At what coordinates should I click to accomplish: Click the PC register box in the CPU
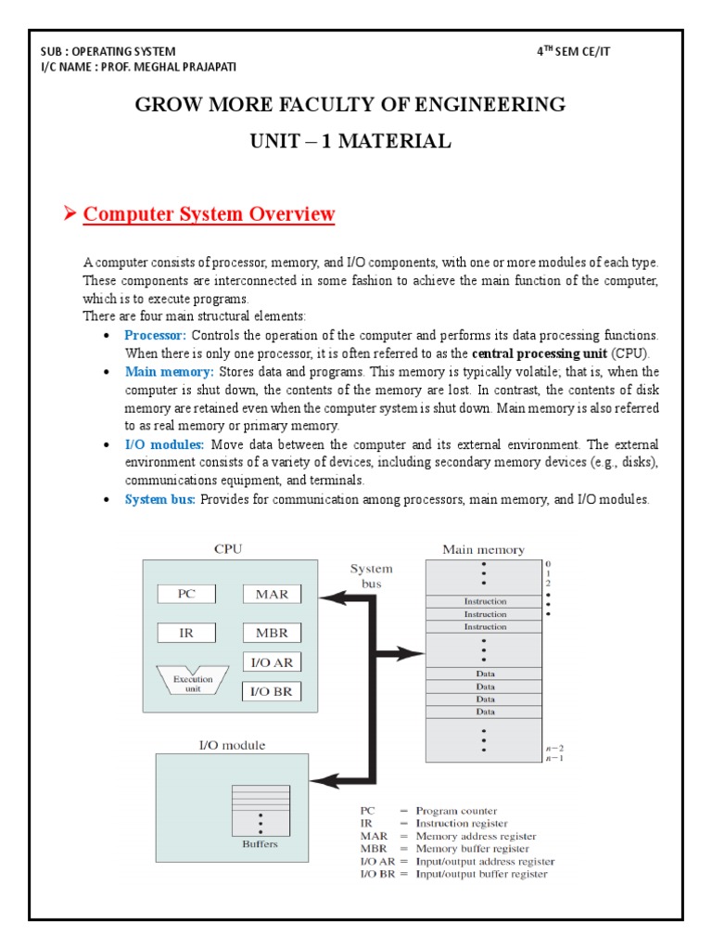185,594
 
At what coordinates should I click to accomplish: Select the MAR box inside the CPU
272,594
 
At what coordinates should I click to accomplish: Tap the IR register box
185,633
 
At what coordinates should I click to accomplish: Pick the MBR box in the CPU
272,633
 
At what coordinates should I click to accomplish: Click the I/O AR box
272,662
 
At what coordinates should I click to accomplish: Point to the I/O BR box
272,691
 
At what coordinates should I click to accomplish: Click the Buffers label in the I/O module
260,844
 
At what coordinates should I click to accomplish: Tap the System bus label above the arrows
371,576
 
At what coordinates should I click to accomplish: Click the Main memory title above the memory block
483,549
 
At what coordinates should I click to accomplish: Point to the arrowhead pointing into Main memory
413,653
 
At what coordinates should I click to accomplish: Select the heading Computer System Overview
209,214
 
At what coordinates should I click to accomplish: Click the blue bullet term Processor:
156,335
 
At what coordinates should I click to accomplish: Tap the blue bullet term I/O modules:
164,445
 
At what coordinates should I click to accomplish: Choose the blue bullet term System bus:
160,500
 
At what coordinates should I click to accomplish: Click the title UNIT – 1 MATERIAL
350,142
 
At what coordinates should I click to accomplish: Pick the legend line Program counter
455,811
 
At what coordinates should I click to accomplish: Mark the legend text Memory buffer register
472,848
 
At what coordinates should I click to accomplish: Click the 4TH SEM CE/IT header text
574,51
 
